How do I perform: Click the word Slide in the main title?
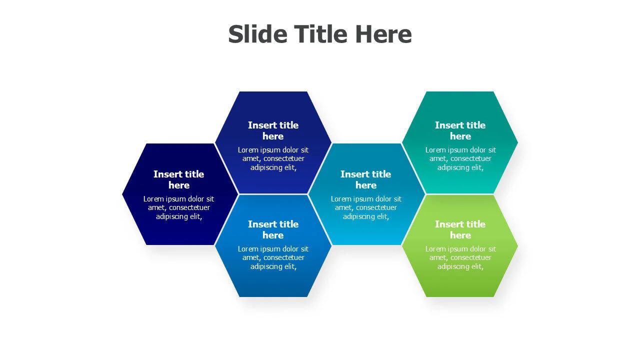(257, 34)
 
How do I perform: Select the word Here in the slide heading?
(383, 34)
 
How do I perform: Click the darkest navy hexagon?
(180, 194)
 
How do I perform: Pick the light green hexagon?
(460, 246)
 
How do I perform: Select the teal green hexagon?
(460, 142)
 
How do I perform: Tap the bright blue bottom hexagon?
(273, 246)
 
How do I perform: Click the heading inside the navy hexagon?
(179, 179)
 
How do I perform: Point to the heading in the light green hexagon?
(460, 229)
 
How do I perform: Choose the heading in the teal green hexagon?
(460, 130)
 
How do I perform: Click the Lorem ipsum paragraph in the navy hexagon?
(179, 207)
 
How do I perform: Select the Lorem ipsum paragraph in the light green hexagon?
(460, 257)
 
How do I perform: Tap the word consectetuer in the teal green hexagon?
(471, 158)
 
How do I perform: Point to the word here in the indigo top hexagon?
(273, 136)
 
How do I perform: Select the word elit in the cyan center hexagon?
(383, 216)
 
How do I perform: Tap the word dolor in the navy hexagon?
(195, 199)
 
